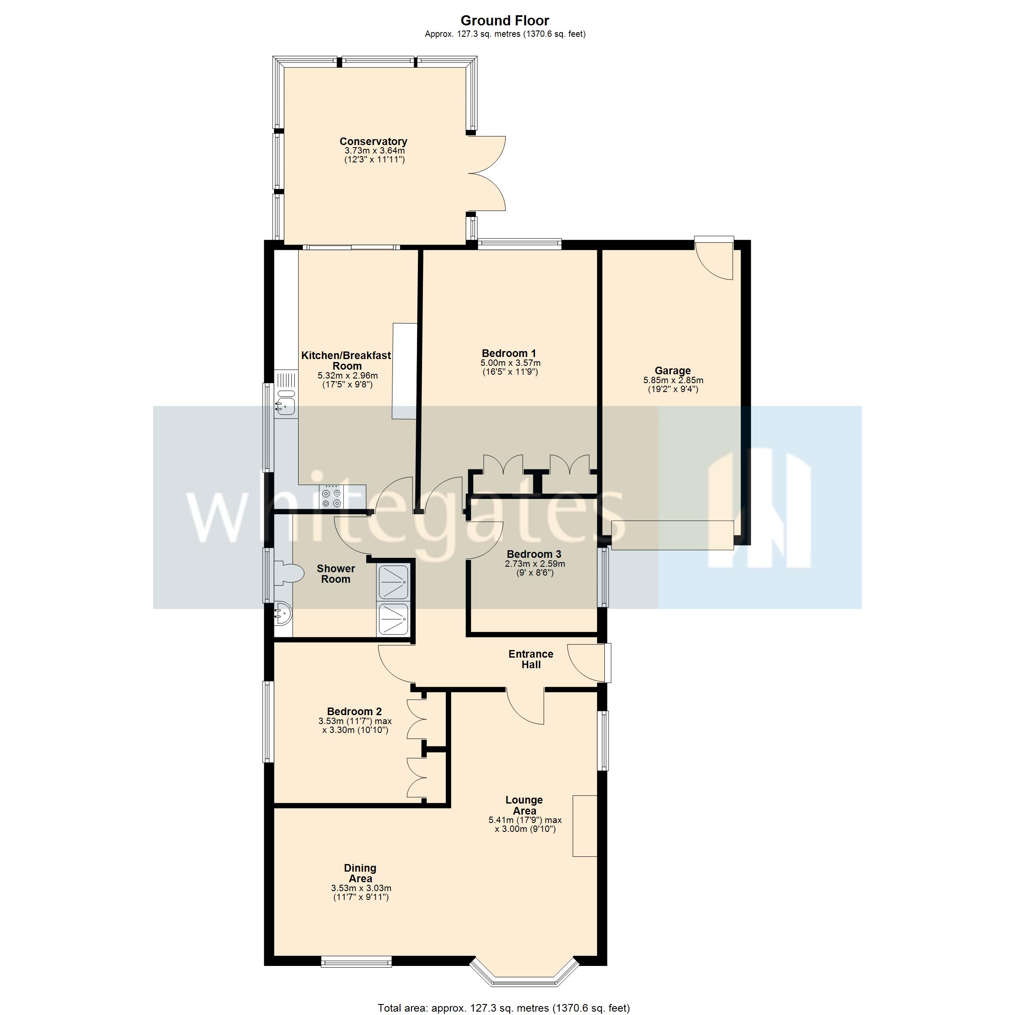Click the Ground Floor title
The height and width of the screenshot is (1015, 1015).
505,20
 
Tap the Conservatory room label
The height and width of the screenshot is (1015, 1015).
373,141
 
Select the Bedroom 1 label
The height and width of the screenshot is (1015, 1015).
508,353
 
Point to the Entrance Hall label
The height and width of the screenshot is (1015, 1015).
531,659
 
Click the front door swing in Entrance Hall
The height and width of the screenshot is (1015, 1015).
585,663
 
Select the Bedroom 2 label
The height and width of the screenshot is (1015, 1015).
354,711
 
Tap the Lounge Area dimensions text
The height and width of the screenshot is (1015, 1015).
525,824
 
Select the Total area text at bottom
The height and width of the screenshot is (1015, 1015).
503,1008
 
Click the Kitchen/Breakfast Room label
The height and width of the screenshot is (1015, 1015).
346,360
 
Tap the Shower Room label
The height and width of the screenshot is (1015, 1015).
336,574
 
